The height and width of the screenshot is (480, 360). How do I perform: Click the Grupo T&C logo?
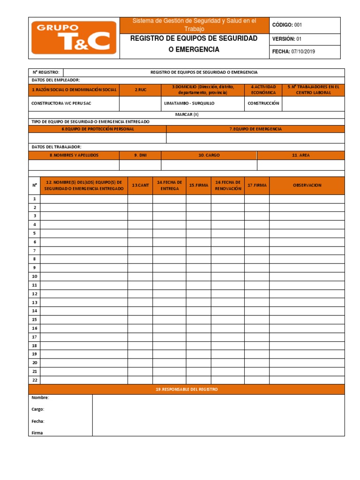coord(74,38)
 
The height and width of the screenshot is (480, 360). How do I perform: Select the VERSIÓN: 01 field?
coord(289,39)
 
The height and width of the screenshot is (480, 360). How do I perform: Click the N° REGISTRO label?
coord(45,72)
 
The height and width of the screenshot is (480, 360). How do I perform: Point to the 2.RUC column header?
coord(140,90)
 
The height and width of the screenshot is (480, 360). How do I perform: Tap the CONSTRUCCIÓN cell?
coord(263,103)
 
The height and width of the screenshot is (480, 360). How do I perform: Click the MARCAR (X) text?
coord(187,114)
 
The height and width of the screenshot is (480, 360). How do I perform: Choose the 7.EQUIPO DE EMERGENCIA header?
coord(255,129)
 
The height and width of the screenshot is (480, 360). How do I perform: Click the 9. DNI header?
coord(140,155)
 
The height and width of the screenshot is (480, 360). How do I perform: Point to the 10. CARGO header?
coord(209,155)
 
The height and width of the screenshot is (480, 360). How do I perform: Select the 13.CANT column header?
coord(140,185)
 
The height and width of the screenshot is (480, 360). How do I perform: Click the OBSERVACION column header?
coord(307,185)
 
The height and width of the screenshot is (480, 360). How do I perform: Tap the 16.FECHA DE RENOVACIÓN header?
coord(227,185)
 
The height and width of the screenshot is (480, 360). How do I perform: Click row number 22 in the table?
coord(34,380)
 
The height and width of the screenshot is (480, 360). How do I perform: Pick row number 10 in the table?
coord(34,277)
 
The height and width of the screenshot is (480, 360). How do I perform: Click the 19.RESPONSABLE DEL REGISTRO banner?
coord(187,390)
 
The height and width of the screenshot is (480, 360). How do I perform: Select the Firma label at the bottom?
coord(37,433)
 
